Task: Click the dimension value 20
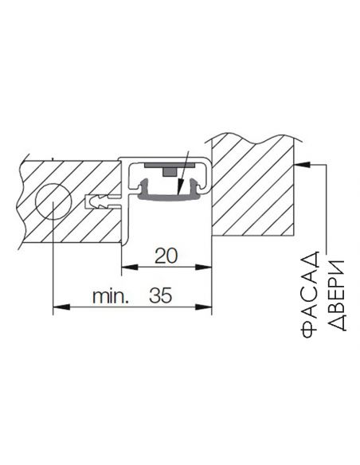[166, 256]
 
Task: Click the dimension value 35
[160, 295]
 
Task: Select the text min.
[111, 296]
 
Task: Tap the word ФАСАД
[310, 295]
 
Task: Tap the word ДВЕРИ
[337, 295]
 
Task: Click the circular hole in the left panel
[53, 201]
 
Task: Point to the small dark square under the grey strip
[170, 172]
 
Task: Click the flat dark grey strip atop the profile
[170, 165]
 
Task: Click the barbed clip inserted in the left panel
[102, 201]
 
